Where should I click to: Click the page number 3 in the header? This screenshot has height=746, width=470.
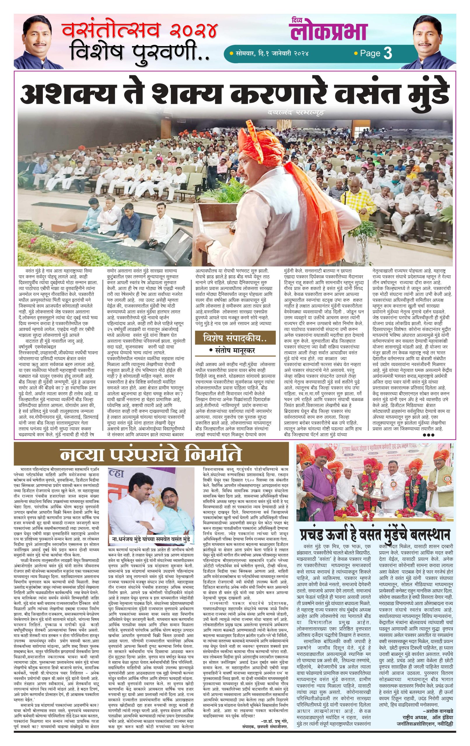[388, 53]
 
